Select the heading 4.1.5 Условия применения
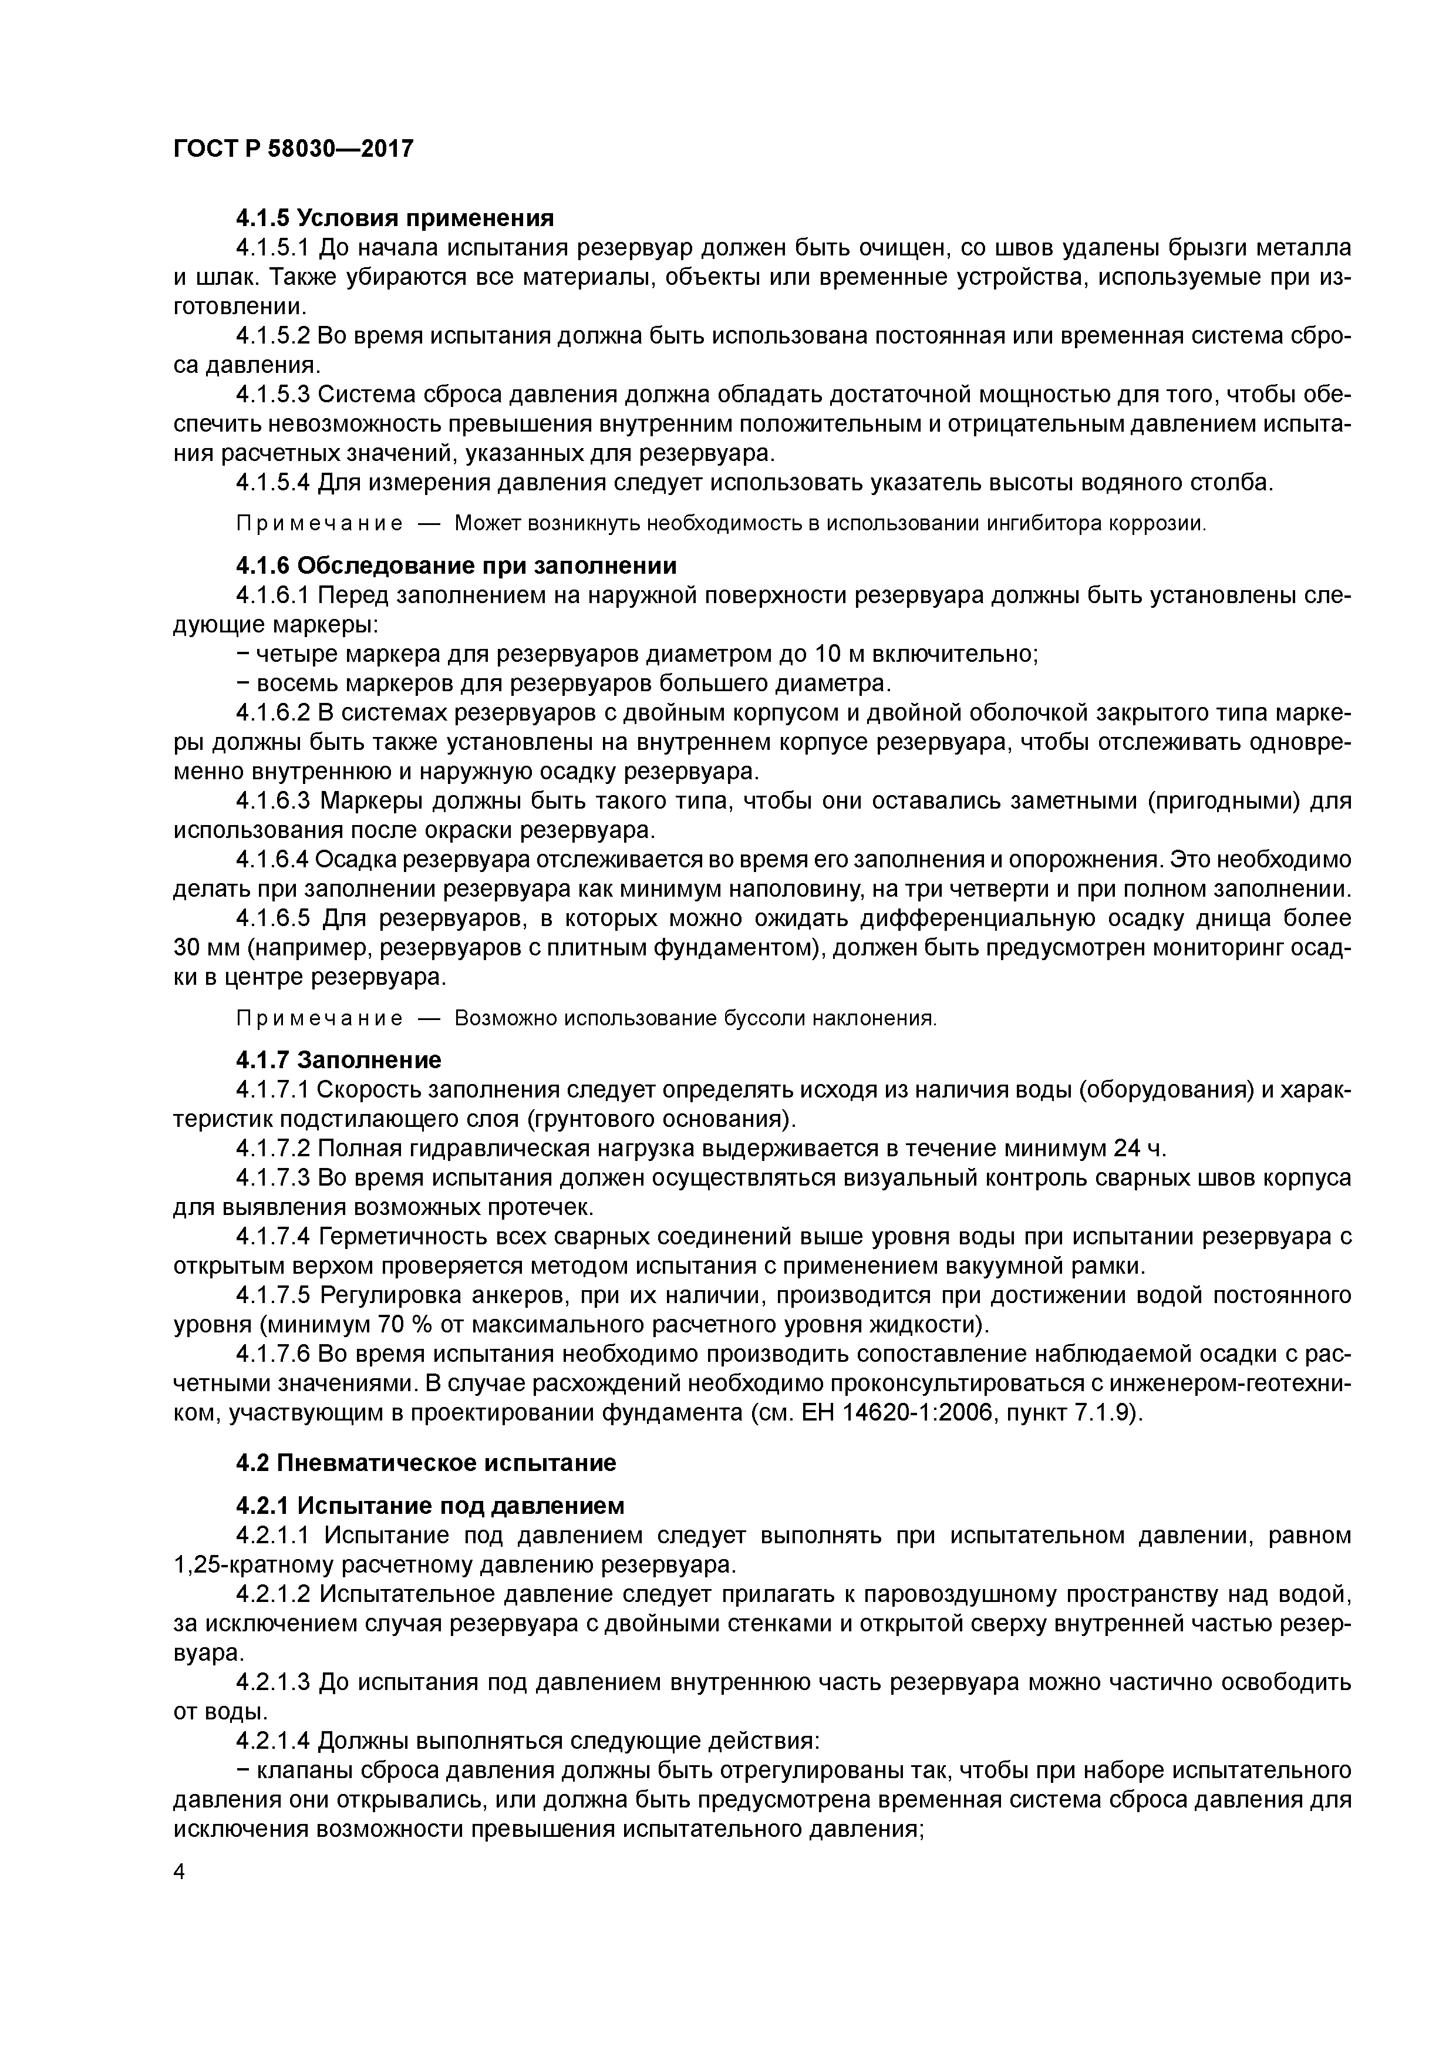pyautogui.click(x=395, y=218)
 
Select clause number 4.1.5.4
pyautogui.click(x=273, y=483)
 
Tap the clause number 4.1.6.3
pyautogui.click(x=273, y=799)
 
